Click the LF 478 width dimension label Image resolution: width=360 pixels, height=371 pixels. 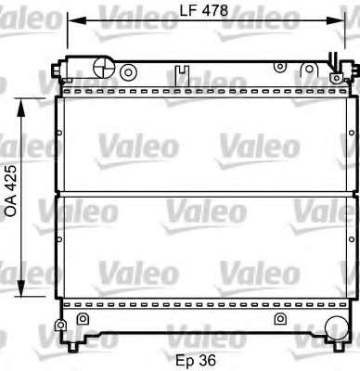pyautogui.click(x=203, y=11)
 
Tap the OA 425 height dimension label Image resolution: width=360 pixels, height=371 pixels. pyautogui.click(x=11, y=191)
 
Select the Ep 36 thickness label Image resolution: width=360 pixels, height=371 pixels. pyautogui.click(x=196, y=360)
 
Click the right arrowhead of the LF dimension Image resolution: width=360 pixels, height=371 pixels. pyautogui.click(x=336, y=20)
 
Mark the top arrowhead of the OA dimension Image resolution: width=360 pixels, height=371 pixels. pyautogui.click(x=20, y=108)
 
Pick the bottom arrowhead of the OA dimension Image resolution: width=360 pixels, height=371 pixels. pyautogui.click(x=20, y=288)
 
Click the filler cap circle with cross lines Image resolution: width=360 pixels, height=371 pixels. pyautogui.click(x=104, y=67)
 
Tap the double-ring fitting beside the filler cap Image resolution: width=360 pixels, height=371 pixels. pyautogui.click(x=128, y=72)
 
